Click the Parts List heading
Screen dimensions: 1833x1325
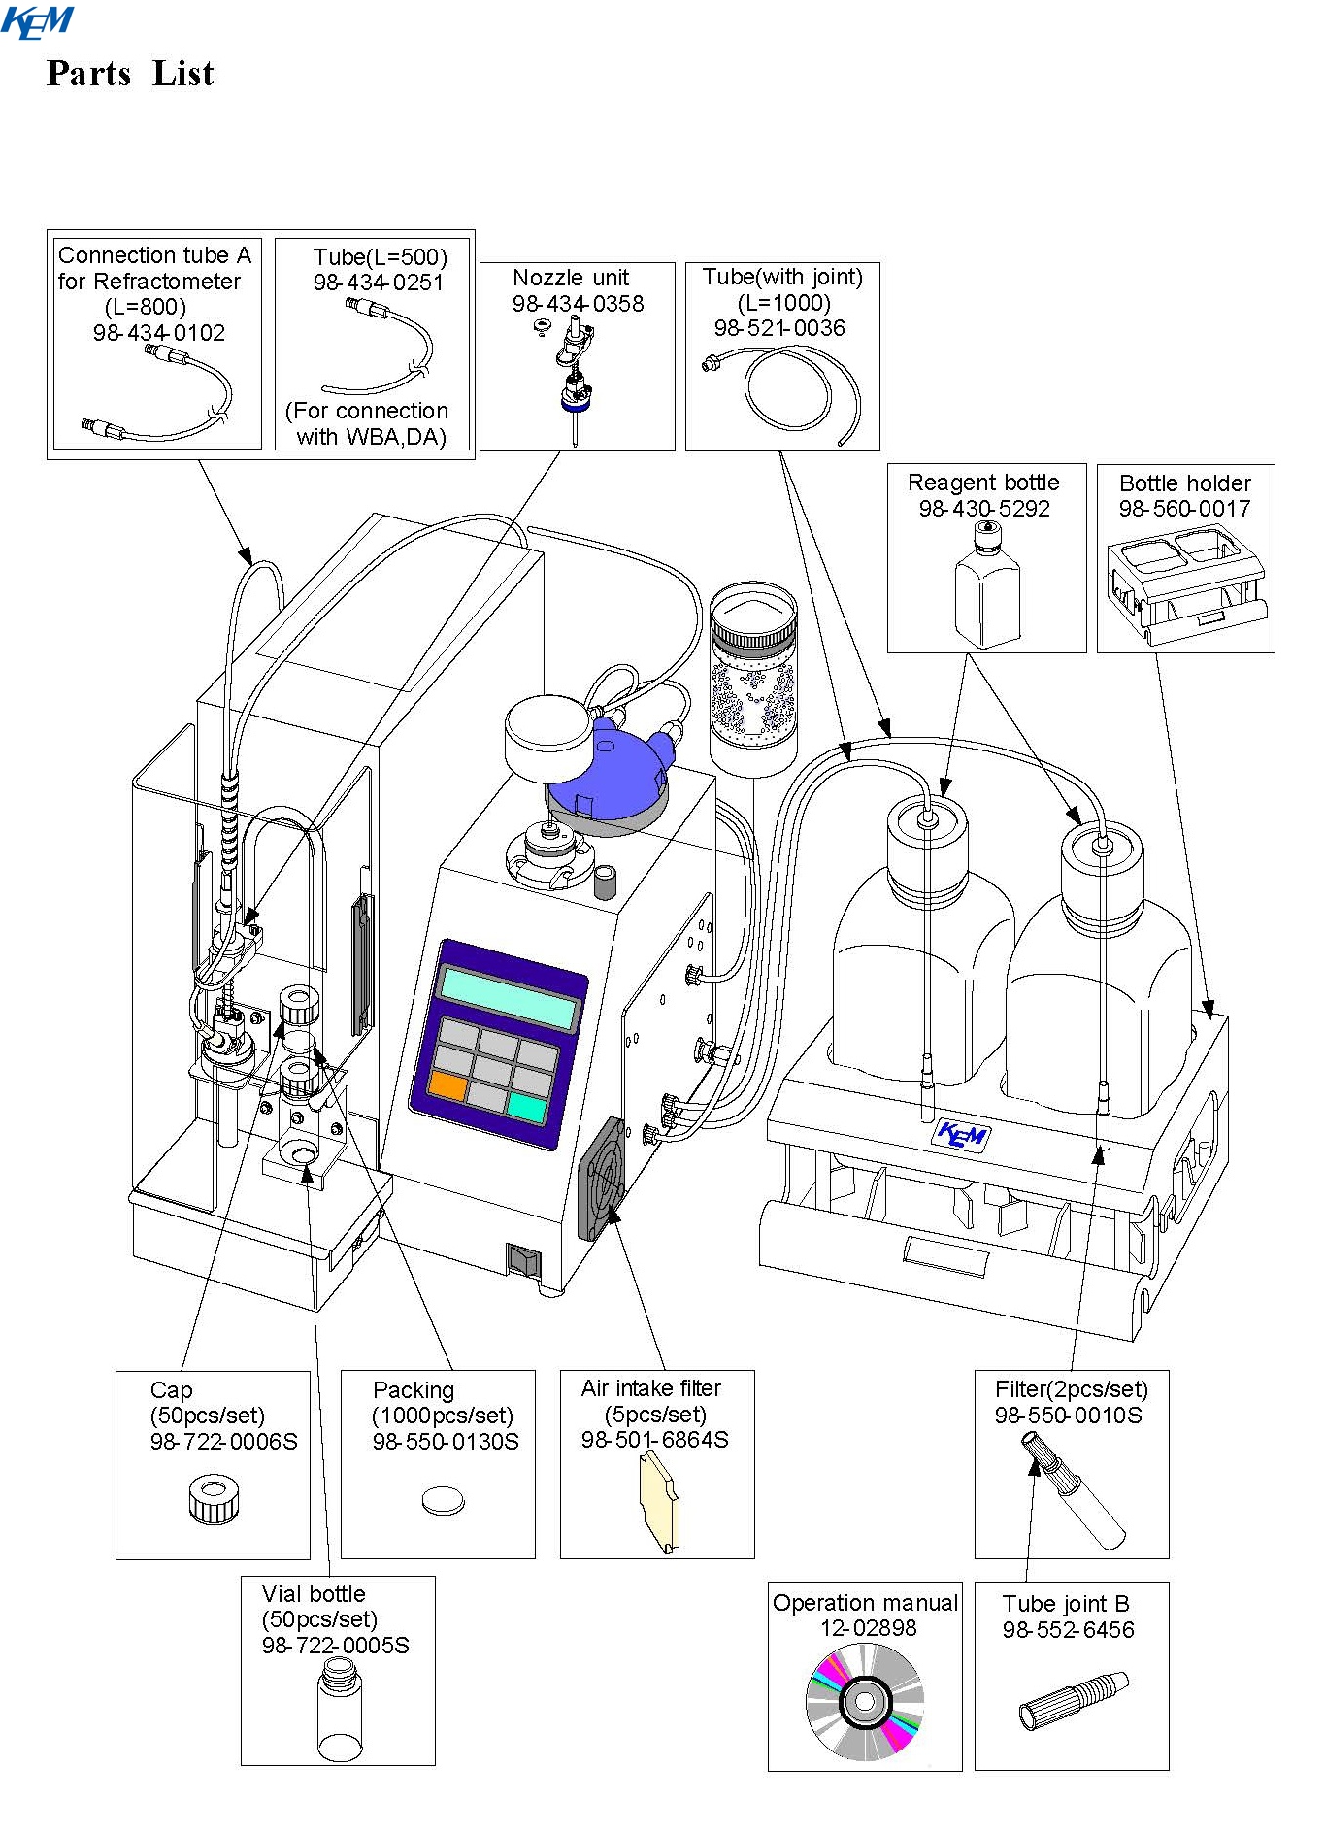pos(130,74)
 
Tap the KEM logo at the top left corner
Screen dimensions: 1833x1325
pos(37,21)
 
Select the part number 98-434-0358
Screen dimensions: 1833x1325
pos(578,304)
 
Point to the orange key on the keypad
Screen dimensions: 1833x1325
pos(447,1084)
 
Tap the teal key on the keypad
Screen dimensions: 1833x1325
pos(526,1107)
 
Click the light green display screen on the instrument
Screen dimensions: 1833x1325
pos(509,998)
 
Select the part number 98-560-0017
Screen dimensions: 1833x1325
pos(1184,509)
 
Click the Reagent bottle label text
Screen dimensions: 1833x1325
pos(983,483)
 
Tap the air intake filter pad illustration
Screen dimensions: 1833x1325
pos(659,1502)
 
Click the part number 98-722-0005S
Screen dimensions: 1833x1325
pos(335,1646)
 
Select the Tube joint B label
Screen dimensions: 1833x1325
pos(1066,1604)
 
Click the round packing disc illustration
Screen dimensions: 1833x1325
pos(443,1500)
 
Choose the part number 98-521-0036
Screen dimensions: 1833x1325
pos(779,328)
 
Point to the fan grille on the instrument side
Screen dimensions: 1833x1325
pos(602,1179)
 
